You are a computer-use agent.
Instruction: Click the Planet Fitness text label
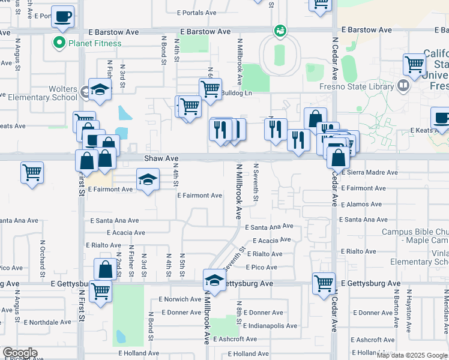[95, 43]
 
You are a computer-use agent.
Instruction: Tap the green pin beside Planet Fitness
[59, 43]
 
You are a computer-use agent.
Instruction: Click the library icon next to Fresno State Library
[403, 86]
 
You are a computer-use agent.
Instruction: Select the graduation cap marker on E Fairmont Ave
[148, 179]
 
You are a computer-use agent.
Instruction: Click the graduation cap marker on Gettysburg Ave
[214, 279]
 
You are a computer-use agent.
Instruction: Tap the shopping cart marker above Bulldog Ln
[209, 88]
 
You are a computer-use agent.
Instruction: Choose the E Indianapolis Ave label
[270, 326]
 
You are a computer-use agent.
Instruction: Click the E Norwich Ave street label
[180, 299]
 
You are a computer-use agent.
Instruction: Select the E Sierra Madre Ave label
[369, 172]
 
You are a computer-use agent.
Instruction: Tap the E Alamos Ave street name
[361, 204]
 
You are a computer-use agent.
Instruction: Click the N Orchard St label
[43, 253]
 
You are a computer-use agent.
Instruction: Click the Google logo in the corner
[20, 353]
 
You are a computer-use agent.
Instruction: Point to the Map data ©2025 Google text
[412, 355]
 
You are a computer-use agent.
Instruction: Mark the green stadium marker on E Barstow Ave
[279, 30]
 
